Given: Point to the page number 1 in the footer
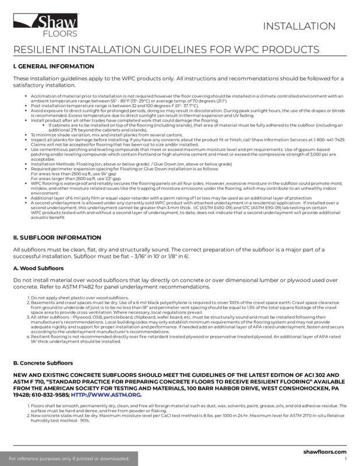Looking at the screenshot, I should tap(345, 459).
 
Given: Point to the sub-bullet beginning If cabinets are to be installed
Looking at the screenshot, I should tap(175, 125).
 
